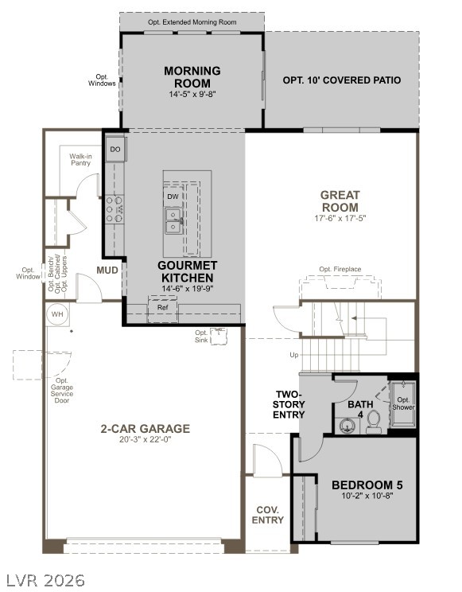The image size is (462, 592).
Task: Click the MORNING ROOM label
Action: [192, 77]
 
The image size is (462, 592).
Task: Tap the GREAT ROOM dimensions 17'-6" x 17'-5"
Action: [340, 218]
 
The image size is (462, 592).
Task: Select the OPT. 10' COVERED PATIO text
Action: [341, 80]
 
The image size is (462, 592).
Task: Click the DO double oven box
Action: [115, 150]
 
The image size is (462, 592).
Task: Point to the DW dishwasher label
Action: [173, 196]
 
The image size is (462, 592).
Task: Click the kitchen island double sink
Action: [173, 220]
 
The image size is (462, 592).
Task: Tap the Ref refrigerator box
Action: [162, 307]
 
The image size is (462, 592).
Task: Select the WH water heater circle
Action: [57, 314]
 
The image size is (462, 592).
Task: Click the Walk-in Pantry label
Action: [80, 160]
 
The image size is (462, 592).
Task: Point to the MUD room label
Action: [107, 271]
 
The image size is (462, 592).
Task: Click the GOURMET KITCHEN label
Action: [187, 271]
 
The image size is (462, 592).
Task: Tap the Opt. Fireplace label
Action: [340, 270]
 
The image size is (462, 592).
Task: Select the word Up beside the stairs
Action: [294, 355]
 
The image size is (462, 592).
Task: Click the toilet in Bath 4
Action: [372, 426]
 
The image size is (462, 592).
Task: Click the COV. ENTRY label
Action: [267, 515]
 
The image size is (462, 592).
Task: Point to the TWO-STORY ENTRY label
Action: [289, 404]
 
